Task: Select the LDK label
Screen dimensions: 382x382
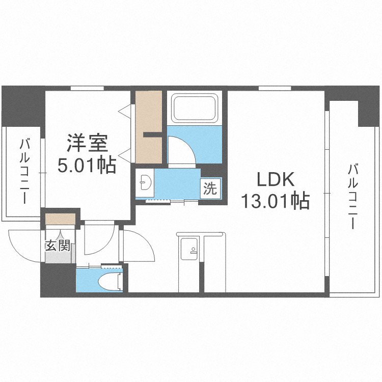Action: click(275, 180)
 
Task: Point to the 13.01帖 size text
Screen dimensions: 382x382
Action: click(275, 202)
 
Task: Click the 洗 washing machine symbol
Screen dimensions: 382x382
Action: click(210, 189)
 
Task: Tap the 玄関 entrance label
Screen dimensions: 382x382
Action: click(57, 246)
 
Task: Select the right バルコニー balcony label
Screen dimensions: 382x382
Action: click(352, 196)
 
